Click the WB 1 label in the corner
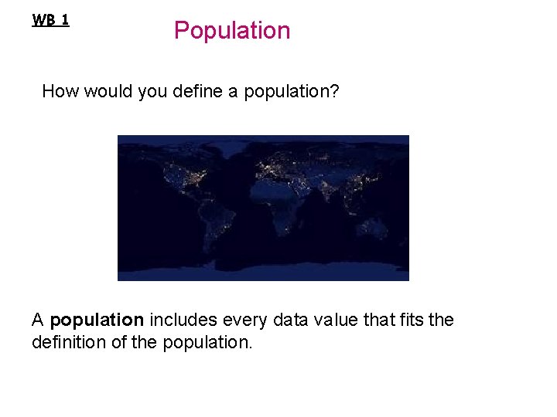[50, 20]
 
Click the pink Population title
[232, 31]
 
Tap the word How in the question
[58, 91]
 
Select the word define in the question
[203, 91]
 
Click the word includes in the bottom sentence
[183, 320]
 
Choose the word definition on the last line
[67, 341]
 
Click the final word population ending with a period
[207, 342]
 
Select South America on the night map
[212, 224]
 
